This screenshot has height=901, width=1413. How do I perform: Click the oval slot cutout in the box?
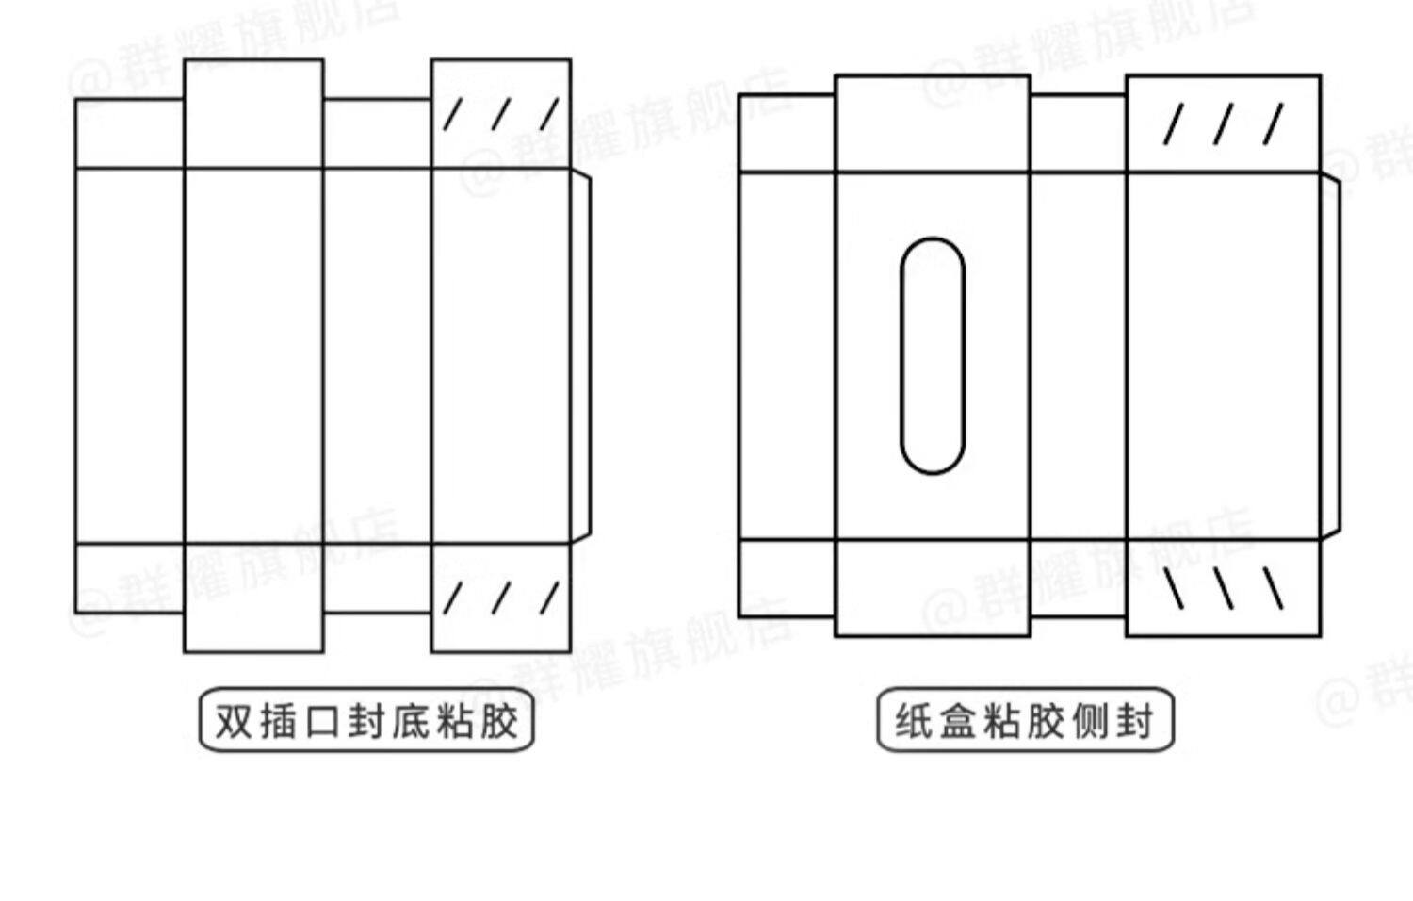(x=932, y=355)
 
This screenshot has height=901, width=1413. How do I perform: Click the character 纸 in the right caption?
(x=914, y=721)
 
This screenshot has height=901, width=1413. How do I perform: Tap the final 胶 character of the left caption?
(x=496, y=721)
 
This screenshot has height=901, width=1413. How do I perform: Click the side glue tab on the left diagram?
(x=581, y=355)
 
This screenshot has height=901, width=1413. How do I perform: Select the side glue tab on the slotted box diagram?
(x=1330, y=355)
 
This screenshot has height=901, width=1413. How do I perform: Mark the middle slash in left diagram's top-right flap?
(x=500, y=115)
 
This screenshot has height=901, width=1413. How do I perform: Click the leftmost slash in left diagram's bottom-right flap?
(x=453, y=598)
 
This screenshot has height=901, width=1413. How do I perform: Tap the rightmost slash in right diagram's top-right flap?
(x=1274, y=124)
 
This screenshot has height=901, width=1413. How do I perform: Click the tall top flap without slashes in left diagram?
(x=253, y=114)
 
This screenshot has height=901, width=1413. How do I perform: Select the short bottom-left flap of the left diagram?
(x=129, y=578)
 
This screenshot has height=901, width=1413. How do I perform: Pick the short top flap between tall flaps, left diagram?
(x=377, y=133)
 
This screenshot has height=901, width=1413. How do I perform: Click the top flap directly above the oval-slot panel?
(x=933, y=123)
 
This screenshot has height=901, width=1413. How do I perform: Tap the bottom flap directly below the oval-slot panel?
(x=933, y=588)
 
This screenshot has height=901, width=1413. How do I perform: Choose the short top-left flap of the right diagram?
(x=787, y=133)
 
